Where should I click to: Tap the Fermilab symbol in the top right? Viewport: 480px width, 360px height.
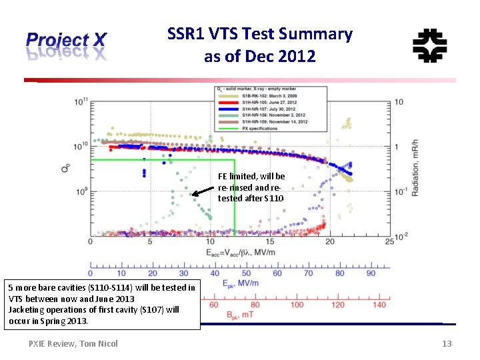pyautogui.click(x=429, y=46)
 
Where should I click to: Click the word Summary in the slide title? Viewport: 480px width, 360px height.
pyautogui.click(x=320, y=34)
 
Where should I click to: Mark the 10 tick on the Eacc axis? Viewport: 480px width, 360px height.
pyautogui.click(x=209, y=241)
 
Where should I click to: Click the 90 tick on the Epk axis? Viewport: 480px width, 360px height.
pyautogui.click(x=370, y=273)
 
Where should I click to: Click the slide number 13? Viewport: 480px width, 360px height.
pyautogui.click(x=447, y=343)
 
